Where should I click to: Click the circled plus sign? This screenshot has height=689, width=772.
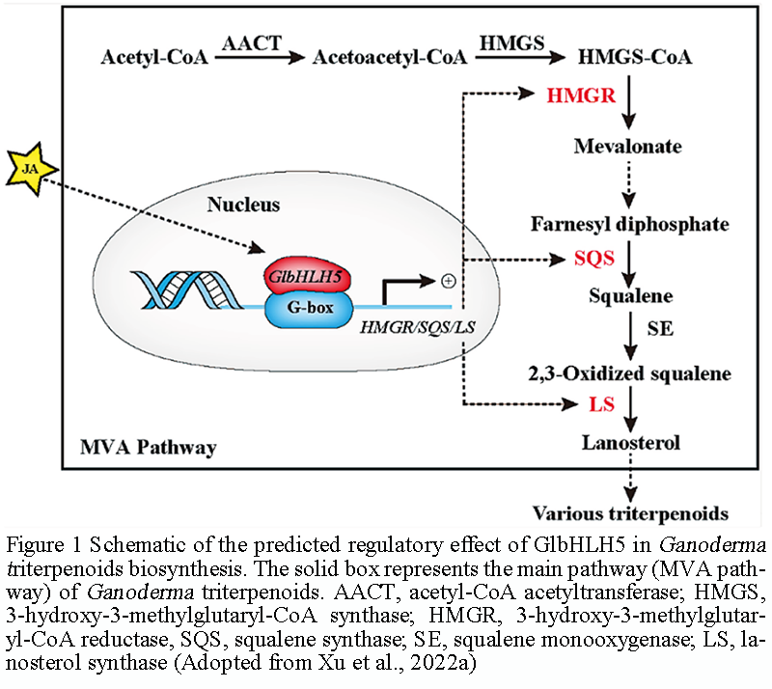pos(447,281)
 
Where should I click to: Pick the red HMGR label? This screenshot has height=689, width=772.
pos(580,96)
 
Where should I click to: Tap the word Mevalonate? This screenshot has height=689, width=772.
pos(627,148)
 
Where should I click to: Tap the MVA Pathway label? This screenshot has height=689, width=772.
pos(148,448)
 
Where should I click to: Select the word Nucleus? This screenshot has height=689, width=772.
pos(243,205)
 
